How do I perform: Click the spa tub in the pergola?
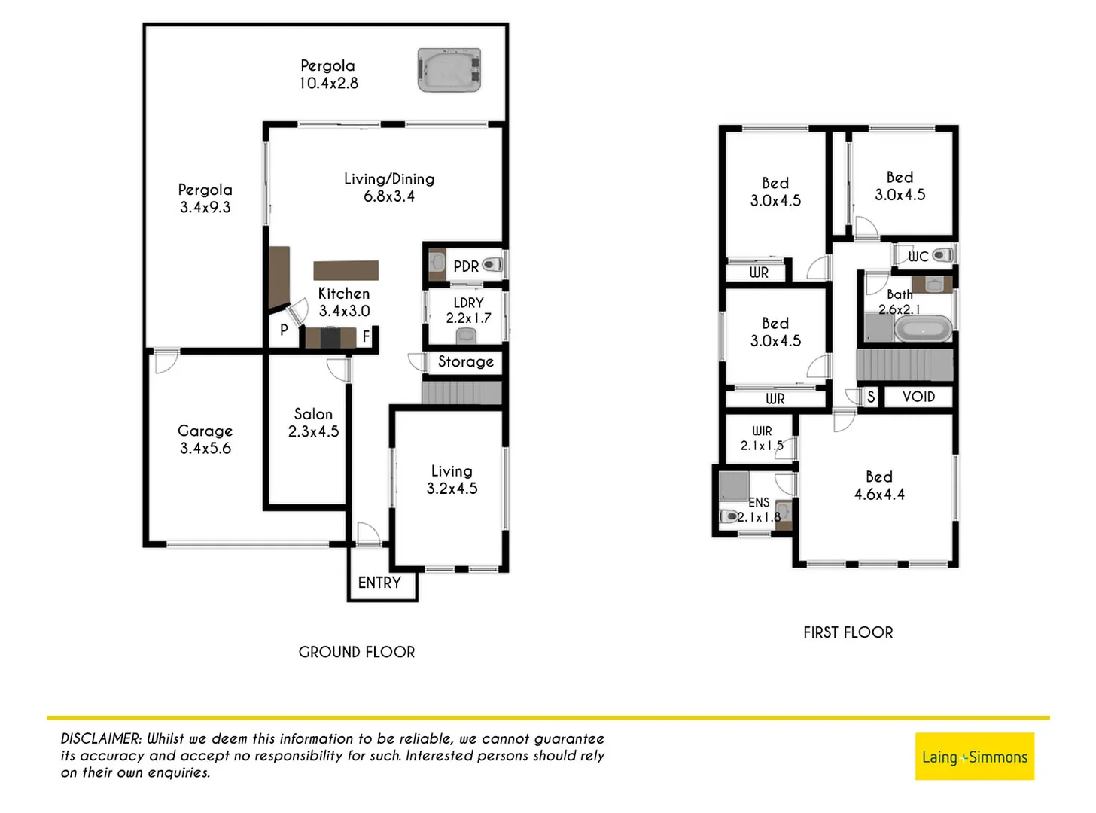click(x=449, y=71)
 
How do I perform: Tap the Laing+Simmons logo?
click(x=975, y=757)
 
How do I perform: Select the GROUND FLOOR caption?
click(x=357, y=652)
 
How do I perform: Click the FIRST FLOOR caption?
click(x=848, y=632)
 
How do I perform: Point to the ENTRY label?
click(x=379, y=583)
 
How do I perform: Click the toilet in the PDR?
click(x=492, y=265)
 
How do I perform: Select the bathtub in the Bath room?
click(x=923, y=330)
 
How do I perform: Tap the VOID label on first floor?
click(x=918, y=397)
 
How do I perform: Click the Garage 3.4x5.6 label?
click(x=205, y=440)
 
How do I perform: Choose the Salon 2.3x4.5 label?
click(x=313, y=422)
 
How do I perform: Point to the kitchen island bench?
click(x=346, y=270)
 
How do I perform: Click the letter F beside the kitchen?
click(x=367, y=336)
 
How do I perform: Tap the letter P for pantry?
click(x=284, y=330)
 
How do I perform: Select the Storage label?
click(x=465, y=361)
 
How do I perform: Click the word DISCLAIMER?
click(x=101, y=738)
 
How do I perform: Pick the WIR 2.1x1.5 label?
click(x=762, y=438)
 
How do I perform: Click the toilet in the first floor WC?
click(x=941, y=256)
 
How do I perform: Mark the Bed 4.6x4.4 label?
click(x=879, y=486)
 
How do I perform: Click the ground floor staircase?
click(x=461, y=393)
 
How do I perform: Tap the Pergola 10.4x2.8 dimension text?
click(x=328, y=84)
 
